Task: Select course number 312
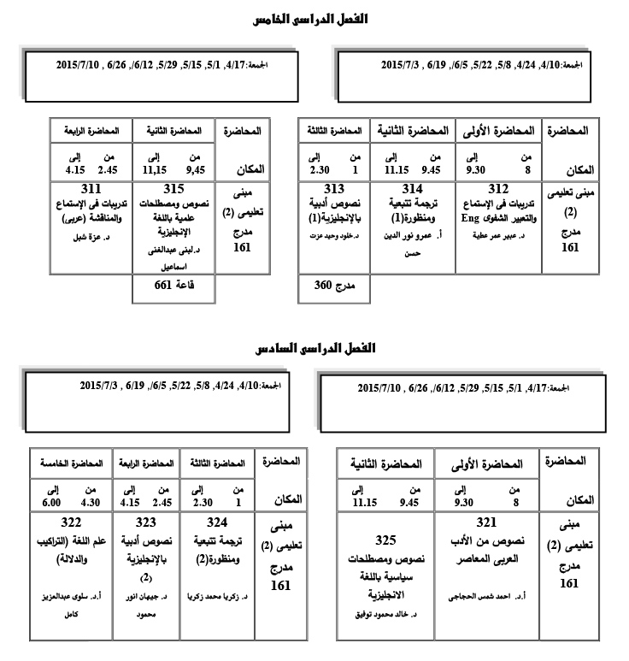pyautogui.click(x=498, y=189)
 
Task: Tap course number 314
pyautogui.click(x=414, y=189)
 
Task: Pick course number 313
pyautogui.click(x=333, y=189)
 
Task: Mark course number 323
pyautogui.click(x=139, y=521)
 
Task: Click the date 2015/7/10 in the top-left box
pyautogui.click(x=79, y=64)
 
